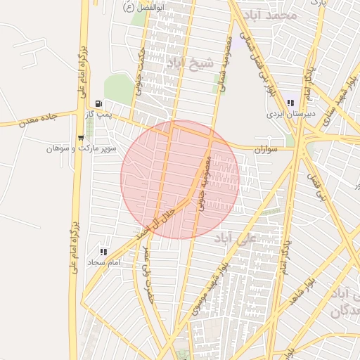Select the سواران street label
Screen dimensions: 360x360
tap(266, 148)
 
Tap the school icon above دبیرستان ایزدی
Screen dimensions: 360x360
tap(290, 103)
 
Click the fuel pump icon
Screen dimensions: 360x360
tap(88, 104)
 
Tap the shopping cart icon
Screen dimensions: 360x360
tap(81, 138)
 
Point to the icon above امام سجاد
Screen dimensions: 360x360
tap(103, 252)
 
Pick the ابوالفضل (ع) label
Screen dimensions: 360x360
tap(145, 7)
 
